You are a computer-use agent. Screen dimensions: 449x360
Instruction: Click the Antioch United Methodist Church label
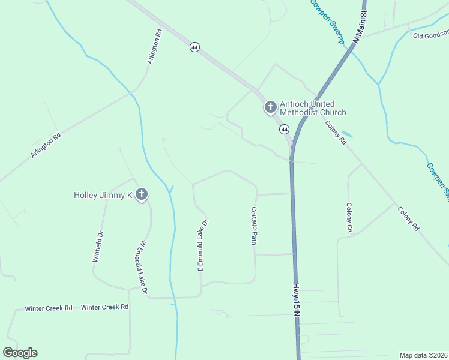tap(313, 108)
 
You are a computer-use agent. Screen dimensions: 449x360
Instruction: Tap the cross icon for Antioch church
tap(270, 108)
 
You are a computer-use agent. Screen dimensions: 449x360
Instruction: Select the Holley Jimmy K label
tap(103, 195)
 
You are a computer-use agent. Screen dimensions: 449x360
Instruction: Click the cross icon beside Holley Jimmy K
tap(142, 194)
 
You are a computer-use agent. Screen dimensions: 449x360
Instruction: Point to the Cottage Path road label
tap(254, 226)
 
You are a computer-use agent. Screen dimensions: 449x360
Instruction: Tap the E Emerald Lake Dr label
tap(202, 245)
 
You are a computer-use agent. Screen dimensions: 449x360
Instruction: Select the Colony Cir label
tap(349, 217)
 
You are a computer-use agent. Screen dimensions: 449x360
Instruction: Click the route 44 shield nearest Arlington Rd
tap(194, 47)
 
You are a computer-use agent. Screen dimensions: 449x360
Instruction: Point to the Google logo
tap(20, 353)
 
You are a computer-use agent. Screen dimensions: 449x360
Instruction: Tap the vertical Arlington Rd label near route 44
tap(155, 47)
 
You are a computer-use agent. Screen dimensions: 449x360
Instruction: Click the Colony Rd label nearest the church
tap(337, 133)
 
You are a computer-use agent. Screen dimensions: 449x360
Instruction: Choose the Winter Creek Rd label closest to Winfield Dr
tap(105, 307)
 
